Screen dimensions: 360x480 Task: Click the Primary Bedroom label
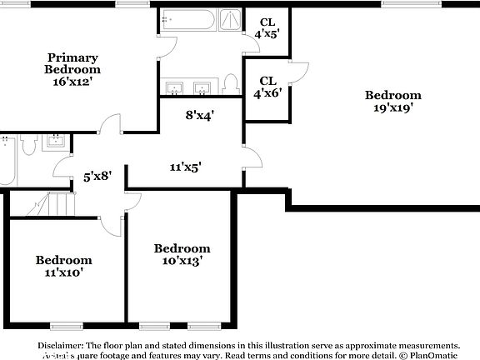(72, 64)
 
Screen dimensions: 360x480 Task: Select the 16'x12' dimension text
(72, 82)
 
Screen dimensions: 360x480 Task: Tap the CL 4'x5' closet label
(267, 27)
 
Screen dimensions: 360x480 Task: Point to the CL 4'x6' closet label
(267, 86)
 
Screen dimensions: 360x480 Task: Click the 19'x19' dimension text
(389, 107)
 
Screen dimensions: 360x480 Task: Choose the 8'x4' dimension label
(200, 115)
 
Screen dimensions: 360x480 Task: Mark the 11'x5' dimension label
(185, 167)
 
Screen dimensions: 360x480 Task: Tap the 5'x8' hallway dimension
(97, 177)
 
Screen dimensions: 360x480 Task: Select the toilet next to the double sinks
(232, 84)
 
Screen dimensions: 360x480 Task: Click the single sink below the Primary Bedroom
(55, 141)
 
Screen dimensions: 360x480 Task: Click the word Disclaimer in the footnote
(58, 345)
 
